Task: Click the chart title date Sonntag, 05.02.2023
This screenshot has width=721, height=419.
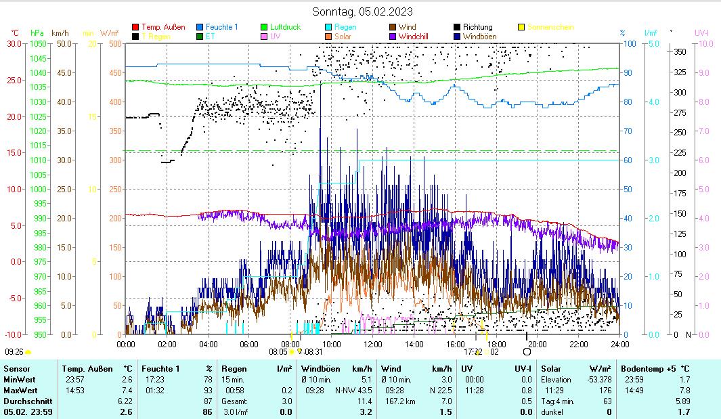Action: [362, 12]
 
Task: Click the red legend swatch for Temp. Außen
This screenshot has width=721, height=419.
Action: [135, 27]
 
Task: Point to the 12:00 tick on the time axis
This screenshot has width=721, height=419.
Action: [372, 344]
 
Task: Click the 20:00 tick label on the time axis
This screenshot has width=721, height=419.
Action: [537, 344]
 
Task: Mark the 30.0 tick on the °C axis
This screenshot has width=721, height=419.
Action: [14, 43]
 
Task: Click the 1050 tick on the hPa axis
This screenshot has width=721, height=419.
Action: [38, 43]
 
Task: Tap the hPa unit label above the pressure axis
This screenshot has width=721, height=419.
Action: [37, 32]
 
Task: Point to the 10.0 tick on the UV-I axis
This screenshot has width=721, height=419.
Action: [704, 43]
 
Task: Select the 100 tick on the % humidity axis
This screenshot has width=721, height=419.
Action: [629, 43]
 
